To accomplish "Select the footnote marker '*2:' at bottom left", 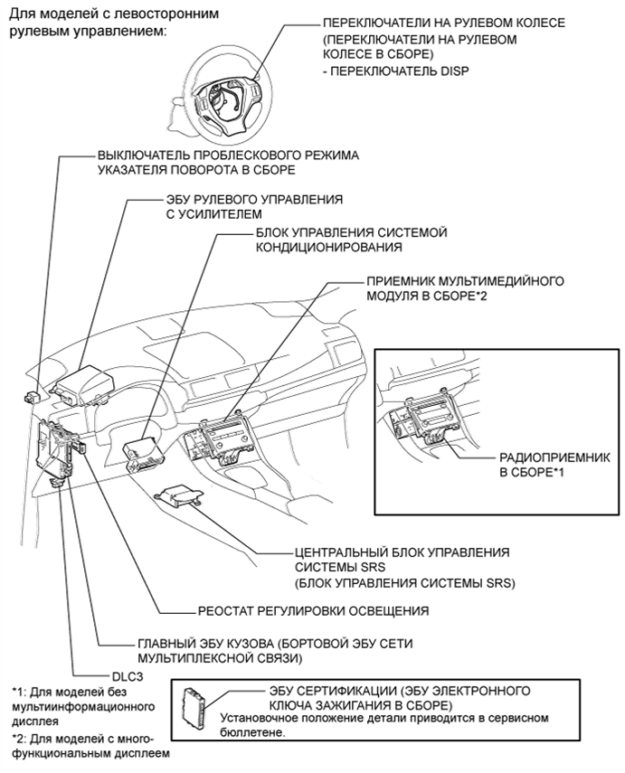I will [x=19, y=738].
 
